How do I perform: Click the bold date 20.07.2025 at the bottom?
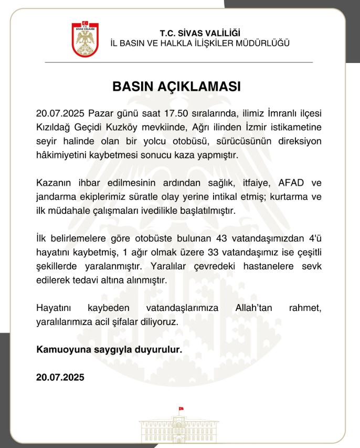(60, 377)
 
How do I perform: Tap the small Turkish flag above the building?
(181, 408)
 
